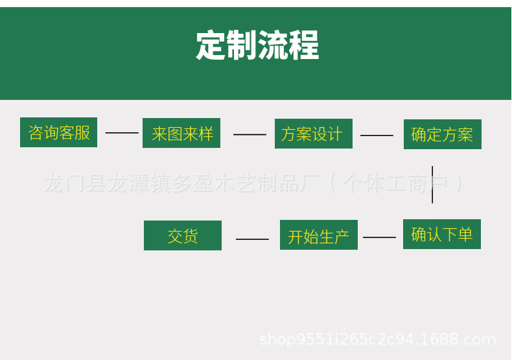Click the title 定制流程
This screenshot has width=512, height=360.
(257, 45)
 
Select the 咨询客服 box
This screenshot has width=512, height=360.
(58, 132)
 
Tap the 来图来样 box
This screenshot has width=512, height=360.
(181, 133)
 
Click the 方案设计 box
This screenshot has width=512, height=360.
(313, 134)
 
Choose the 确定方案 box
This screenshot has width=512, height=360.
(442, 134)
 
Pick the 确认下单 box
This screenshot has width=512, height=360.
(441, 234)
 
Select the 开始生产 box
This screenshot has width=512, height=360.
(318, 235)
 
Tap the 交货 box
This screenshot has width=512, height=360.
(182, 235)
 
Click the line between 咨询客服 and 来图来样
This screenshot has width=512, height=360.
(122, 133)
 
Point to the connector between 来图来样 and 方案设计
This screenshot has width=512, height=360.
(250, 135)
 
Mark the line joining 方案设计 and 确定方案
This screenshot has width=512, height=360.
(377, 136)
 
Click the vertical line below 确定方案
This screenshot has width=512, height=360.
(432, 185)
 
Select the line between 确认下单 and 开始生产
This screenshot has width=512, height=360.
(379, 237)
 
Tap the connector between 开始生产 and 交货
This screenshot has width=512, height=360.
(252, 239)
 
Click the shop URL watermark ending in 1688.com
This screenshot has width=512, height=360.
(377, 339)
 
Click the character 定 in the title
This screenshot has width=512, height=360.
(211, 45)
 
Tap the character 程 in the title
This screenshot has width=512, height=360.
(305, 45)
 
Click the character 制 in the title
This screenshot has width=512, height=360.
(242, 45)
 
